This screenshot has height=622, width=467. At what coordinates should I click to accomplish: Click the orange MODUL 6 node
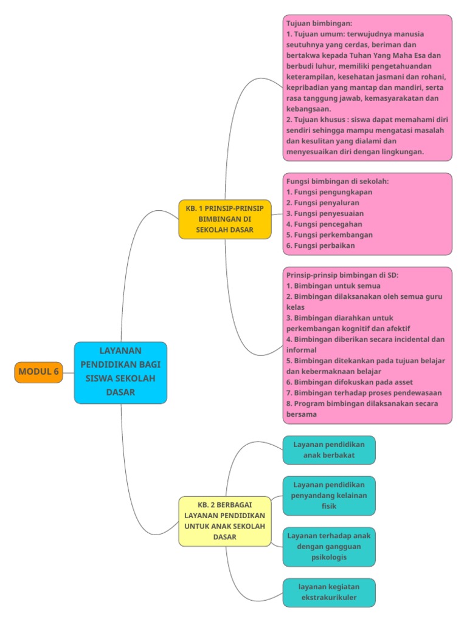coord(38,372)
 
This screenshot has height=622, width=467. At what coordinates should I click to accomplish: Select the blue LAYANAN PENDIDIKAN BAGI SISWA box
coord(120,372)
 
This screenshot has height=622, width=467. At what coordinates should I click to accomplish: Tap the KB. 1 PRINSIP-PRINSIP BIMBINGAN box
coord(225,219)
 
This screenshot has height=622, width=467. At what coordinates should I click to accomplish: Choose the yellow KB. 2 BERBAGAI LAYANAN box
coord(225,521)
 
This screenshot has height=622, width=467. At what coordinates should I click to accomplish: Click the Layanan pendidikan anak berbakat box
coord(329,449)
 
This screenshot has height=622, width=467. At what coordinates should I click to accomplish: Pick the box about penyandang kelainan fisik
coord(329,495)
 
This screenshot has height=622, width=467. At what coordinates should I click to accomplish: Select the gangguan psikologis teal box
coord(329,546)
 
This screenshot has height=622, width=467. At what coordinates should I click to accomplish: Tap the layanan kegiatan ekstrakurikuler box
coord(329,592)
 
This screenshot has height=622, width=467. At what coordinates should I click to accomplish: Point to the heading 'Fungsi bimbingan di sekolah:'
coord(337,181)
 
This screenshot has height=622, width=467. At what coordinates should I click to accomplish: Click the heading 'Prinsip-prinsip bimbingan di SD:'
coord(342,275)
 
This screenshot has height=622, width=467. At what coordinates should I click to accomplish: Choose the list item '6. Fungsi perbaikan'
coord(320,246)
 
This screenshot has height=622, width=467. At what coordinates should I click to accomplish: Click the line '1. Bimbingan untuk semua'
coord(333,285)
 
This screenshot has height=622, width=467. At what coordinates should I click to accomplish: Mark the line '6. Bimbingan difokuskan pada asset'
coord(349,382)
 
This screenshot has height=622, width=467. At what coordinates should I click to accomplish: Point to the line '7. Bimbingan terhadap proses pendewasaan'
coord(364,393)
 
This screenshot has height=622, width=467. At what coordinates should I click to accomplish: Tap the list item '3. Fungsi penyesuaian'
coord(325,213)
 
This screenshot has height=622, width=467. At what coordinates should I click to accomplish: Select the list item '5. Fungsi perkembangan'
coord(329,235)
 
